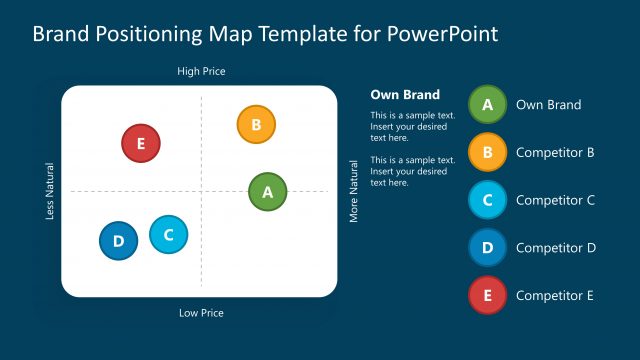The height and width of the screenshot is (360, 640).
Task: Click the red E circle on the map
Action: (x=140, y=143)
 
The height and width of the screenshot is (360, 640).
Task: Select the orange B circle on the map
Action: (x=255, y=125)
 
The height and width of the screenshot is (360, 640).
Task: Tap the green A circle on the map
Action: (x=267, y=191)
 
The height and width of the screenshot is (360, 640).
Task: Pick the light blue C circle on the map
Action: (x=168, y=235)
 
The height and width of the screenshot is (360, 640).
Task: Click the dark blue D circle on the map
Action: (x=118, y=241)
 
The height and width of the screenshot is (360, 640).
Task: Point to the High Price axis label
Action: (x=201, y=71)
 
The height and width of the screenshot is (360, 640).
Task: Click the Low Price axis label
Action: (x=201, y=313)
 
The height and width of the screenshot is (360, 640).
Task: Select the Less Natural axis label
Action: (x=50, y=191)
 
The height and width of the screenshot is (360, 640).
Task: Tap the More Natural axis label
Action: (x=353, y=191)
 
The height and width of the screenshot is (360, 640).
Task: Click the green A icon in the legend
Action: (x=487, y=104)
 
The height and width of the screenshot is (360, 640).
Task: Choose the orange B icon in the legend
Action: (x=487, y=152)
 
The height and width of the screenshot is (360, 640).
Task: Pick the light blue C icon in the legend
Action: (x=487, y=200)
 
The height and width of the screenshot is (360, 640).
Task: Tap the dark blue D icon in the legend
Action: (x=487, y=247)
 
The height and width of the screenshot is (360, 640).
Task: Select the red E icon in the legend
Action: (x=487, y=295)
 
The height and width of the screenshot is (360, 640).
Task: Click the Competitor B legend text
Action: (x=555, y=152)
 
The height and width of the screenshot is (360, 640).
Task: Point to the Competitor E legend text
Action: (x=555, y=295)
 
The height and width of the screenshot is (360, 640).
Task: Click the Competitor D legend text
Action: (x=555, y=247)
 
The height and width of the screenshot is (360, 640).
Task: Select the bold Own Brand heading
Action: (x=405, y=95)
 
